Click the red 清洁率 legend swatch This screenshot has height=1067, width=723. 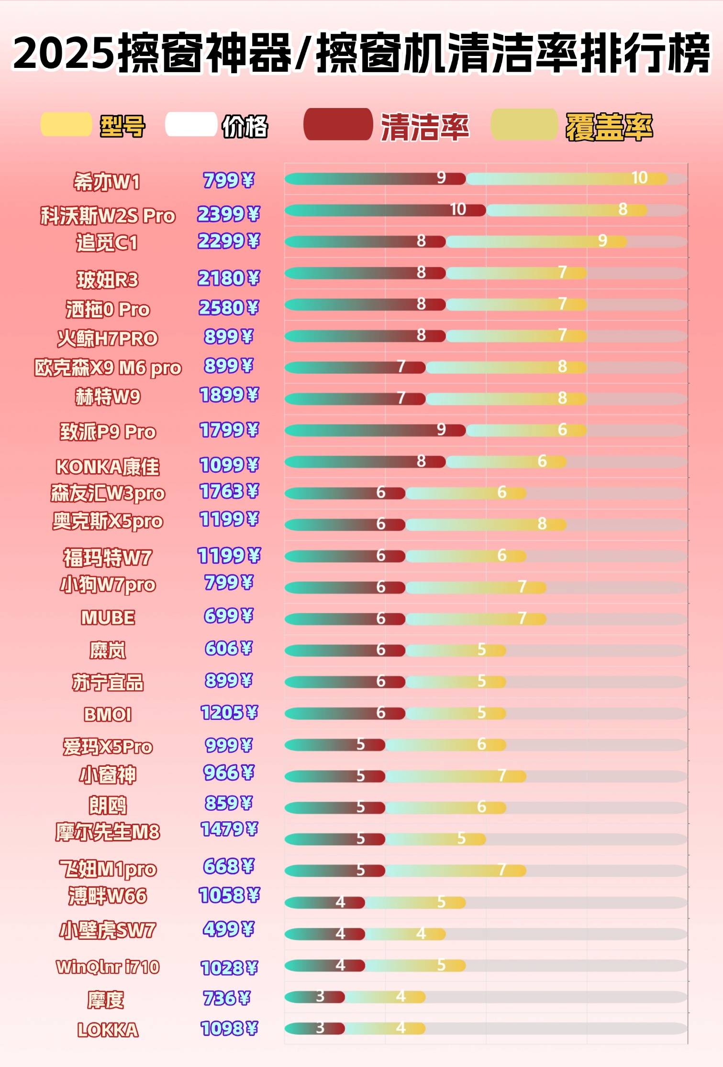[338, 125]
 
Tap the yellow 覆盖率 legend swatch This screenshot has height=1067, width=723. [524, 125]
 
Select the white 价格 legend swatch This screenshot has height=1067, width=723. [191, 124]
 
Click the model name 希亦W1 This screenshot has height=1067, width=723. [106, 182]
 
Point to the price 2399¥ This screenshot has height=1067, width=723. [228, 214]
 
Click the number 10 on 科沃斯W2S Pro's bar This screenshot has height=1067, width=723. [458, 209]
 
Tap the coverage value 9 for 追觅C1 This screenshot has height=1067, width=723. [602, 240]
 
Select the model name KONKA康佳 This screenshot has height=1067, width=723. [108, 467]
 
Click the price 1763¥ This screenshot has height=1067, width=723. [229, 491]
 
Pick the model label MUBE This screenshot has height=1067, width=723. [108, 618]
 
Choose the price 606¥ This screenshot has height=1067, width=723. [228, 648]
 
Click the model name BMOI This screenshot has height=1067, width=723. [108, 714]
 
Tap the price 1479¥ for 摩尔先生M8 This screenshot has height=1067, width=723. [229, 829]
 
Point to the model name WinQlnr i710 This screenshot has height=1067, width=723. [108, 967]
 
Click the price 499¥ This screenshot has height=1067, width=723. [228, 929]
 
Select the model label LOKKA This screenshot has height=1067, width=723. [108, 1030]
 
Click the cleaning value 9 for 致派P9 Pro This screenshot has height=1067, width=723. [441, 429]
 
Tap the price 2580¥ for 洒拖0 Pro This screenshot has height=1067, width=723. [228, 307]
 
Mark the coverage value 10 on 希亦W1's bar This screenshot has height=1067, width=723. [639, 178]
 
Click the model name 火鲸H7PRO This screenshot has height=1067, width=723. [108, 338]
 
